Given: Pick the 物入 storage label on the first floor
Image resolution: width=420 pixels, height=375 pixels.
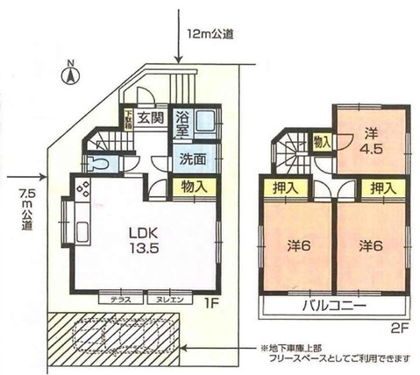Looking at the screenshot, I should pyautogui.click(x=194, y=186).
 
